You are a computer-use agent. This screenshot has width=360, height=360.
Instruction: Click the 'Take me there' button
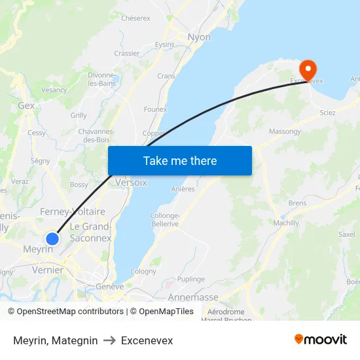tap(180, 160)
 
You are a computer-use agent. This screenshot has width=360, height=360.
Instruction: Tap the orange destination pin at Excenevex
tap(307, 70)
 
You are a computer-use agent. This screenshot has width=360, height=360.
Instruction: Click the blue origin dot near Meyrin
tap(52, 238)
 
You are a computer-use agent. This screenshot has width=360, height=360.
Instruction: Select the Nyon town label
tap(199, 37)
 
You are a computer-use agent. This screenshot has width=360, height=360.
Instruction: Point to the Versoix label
tap(131, 183)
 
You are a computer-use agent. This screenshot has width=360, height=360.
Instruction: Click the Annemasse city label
tap(193, 297)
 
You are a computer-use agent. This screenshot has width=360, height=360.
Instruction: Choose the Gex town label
tap(27, 105)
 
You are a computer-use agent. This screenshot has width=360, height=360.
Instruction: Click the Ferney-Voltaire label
tap(73, 211)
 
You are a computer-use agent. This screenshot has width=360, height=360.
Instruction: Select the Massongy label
tap(285, 132)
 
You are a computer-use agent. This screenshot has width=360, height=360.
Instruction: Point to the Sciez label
tap(327, 113)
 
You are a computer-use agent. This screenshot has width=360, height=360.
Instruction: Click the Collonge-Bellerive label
tap(164, 220)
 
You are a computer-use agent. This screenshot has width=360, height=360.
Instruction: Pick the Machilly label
tap(286, 223)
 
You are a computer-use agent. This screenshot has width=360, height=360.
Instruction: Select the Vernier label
tap(47, 270)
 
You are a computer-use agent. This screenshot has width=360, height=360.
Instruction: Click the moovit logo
tap(321, 340)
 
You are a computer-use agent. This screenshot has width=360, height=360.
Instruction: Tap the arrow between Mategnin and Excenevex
tap(109, 340)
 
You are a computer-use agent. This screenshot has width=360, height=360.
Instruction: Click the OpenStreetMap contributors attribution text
tap(67, 312)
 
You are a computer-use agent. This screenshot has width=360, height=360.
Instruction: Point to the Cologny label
tap(143, 271)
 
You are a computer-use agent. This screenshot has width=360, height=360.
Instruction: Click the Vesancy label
tap(54, 90)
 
